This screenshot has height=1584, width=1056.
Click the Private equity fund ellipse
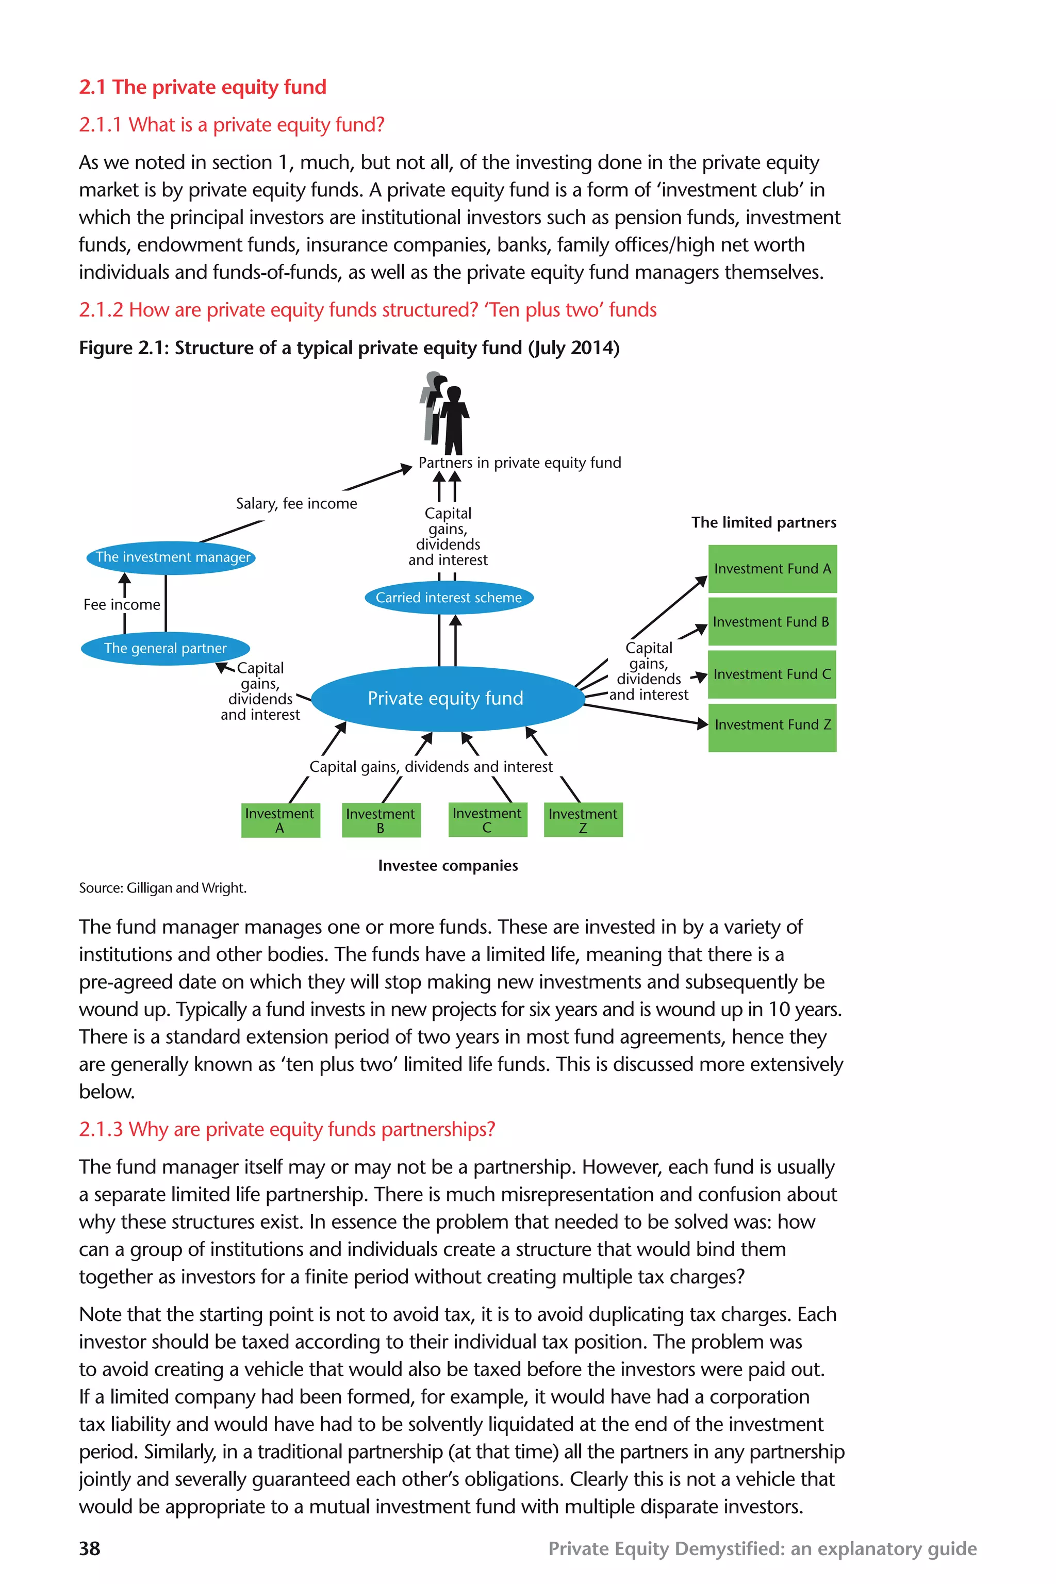pos(447,698)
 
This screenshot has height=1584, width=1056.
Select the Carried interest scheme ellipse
pos(449,598)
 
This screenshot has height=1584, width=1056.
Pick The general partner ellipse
pos(165,649)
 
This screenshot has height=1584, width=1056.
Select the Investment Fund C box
pos(772,674)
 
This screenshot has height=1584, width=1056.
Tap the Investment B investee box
pos(381,820)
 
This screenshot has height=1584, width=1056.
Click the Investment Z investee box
pos(583,820)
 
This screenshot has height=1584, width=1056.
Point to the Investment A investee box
pos(280,820)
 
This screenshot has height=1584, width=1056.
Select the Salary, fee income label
pos(296,504)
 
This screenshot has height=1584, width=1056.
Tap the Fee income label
pos(122,605)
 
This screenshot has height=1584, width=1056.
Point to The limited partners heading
pos(763,523)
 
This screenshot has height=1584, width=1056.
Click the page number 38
pos(90,1548)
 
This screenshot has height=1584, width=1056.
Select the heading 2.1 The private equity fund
pos(202,87)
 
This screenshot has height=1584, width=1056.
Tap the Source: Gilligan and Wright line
pos(162,888)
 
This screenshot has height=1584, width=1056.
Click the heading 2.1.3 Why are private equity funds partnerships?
pos(287,1129)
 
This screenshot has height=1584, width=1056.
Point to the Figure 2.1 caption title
pos(349,348)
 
